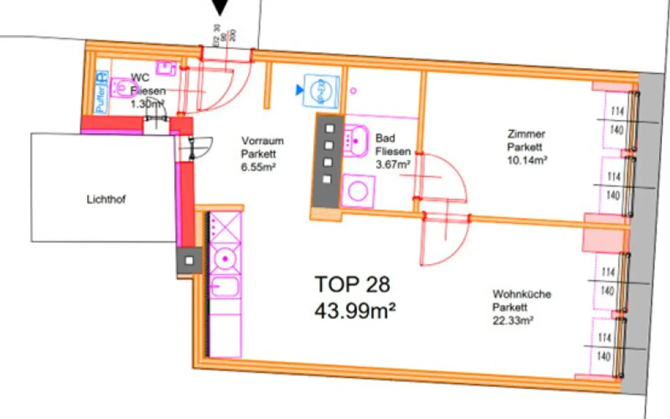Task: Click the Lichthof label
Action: coord(106,199)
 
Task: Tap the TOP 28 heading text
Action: coord(352,285)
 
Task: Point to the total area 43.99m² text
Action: coord(355,311)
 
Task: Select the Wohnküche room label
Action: coord(522,294)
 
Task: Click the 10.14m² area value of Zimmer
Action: coord(527,161)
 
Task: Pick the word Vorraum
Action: coord(263,141)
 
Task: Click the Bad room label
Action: coord(385,138)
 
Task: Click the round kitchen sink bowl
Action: coord(225,259)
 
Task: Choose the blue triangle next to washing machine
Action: coord(299,90)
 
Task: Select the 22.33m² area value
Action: coord(513,321)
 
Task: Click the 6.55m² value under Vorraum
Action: coord(258,167)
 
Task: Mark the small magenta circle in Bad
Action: coord(353,91)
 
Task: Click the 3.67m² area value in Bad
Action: coord(393,165)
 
